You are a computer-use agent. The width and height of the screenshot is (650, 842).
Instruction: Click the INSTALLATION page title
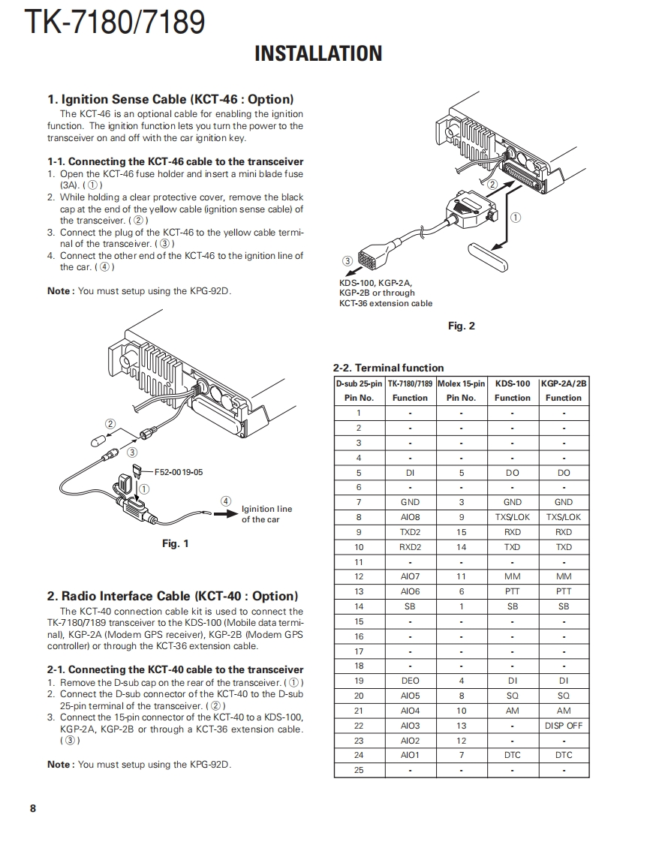(318, 54)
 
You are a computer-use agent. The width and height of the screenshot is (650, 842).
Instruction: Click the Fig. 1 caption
(176, 544)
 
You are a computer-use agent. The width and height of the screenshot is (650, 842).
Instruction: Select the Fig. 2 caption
(461, 326)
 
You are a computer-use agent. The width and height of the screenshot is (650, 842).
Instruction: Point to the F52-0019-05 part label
(179, 473)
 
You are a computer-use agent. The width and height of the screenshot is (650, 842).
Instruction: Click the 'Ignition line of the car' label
(266, 514)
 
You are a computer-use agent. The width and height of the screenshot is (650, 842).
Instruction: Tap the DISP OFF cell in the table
(563, 726)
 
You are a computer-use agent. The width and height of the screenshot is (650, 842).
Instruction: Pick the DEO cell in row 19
(410, 681)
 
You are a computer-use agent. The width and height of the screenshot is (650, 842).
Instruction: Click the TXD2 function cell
(410, 532)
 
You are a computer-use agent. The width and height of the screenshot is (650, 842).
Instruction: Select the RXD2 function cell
(410, 547)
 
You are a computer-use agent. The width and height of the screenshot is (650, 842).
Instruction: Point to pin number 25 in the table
(359, 770)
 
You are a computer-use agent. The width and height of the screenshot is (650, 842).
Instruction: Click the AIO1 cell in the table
(410, 755)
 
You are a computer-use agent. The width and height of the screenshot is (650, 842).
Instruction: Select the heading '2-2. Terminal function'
(388, 368)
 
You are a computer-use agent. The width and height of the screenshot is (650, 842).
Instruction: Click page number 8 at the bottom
(32, 808)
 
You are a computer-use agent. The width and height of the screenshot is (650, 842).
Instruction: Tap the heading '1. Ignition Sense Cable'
(170, 99)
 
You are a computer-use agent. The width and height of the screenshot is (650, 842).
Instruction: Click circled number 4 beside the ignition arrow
(226, 501)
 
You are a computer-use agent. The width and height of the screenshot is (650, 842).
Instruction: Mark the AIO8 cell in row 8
(410, 517)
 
